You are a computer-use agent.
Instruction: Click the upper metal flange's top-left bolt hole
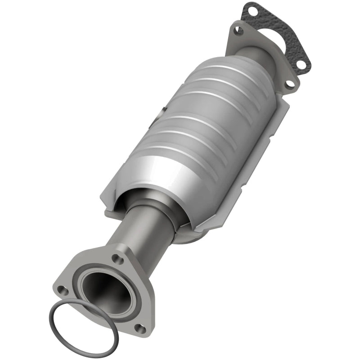(x=239, y=31)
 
